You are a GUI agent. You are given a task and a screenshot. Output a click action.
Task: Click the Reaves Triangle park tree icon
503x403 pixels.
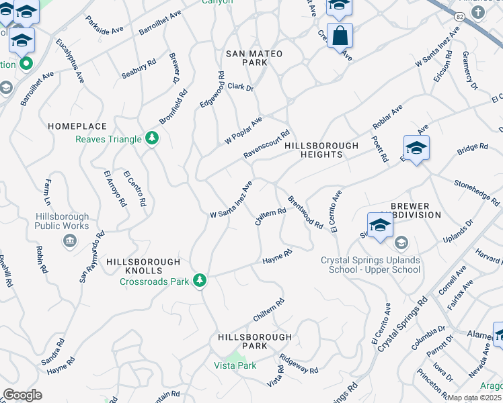pos(153,139)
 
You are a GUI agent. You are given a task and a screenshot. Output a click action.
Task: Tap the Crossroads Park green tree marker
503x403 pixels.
pos(200,279)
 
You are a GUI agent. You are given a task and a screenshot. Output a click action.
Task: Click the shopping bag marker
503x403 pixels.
pos(340,35)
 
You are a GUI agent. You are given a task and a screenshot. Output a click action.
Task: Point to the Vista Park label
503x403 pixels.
pos(235,365)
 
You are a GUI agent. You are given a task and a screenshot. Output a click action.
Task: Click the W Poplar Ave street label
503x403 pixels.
pos(243,130)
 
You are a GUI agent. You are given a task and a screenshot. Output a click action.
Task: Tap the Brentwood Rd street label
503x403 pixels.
pos(305,212)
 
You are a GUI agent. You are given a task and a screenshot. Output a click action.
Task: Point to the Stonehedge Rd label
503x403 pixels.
pos(477,192)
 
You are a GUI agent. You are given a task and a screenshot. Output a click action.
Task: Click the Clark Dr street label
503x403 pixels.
pos(240,87)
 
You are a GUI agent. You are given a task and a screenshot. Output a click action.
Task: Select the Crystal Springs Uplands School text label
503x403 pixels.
pos(371,265)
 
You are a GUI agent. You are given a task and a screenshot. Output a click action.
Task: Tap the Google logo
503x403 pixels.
pos(22,394)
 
